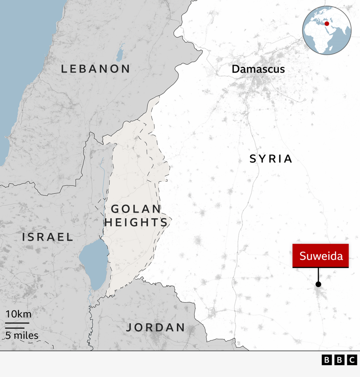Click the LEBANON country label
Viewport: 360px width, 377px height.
click(96, 69)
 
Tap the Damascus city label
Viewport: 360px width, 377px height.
click(258, 69)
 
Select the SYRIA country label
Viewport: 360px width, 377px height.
click(271, 159)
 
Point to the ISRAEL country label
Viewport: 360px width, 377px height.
click(48, 237)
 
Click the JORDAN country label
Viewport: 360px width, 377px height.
click(156, 327)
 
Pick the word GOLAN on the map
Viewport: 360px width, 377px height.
click(136, 209)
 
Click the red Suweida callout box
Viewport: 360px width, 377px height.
click(321, 256)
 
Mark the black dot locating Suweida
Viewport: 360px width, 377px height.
click(318, 284)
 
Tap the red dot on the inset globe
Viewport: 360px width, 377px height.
click(326, 24)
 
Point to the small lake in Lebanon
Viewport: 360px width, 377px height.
click(120, 54)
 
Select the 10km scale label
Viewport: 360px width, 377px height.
click(18, 314)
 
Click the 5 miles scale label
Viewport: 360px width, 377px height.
click(22, 335)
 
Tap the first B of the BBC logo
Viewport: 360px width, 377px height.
click(327, 360)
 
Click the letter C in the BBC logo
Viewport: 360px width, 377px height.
click(352, 360)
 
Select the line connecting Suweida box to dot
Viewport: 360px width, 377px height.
click(318, 275)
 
